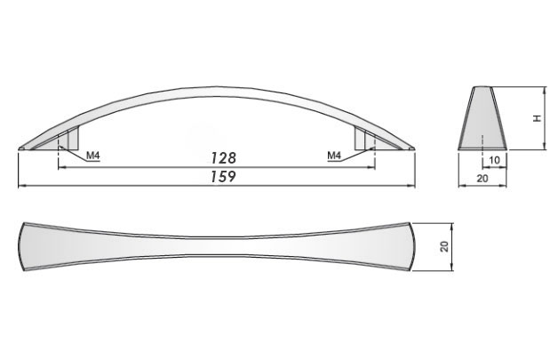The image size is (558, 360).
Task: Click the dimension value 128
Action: coord(224,157)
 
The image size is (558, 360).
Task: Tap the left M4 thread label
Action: coord(93,156)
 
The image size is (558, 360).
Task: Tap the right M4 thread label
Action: coord(334,156)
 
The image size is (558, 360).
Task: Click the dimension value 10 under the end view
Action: coord(495,160)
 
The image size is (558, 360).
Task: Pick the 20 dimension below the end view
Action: coord(482,179)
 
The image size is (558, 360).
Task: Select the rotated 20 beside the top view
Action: coord(444,246)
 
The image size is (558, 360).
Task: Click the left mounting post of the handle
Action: coord(73,138)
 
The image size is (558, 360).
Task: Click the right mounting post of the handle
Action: coord(360,138)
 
